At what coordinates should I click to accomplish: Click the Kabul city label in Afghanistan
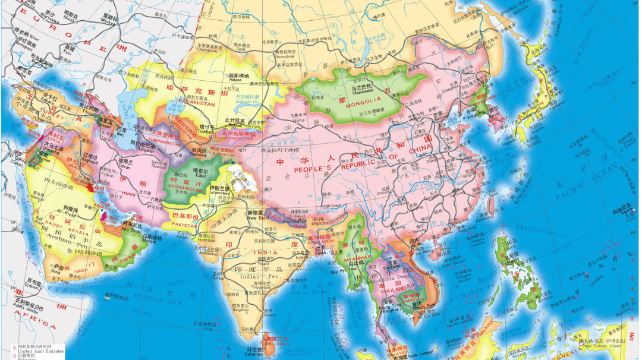coord(200,176)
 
